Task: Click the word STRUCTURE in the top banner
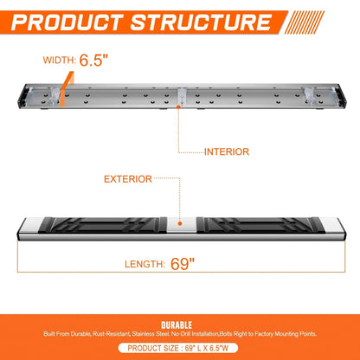pyautogui.click(x=201, y=22)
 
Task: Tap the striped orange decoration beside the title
pyautogui.click(x=305, y=22)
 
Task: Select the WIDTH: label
pyautogui.click(x=60, y=61)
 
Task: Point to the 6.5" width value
pyautogui.click(x=93, y=60)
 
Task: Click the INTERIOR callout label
pyautogui.click(x=227, y=152)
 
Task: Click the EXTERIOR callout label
pyautogui.click(x=128, y=179)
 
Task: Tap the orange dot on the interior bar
pyautogui.click(x=178, y=106)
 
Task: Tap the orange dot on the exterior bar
pyautogui.click(x=180, y=223)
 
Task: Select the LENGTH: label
pyautogui.click(x=145, y=264)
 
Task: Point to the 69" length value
pyautogui.click(x=183, y=264)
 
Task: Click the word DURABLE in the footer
pyautogui.click(x=177, y=325)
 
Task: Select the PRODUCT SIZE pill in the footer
pyautogui.click(x=178, y=348)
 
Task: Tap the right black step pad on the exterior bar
pyautogui.click(x=259, y=225)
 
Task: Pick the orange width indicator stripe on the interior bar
pyautogui.click(x=66, y=89)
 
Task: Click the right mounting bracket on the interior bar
pyautogui.click(x=309, y=95)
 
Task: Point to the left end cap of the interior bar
pyautogui.click(x=23, y=96)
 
